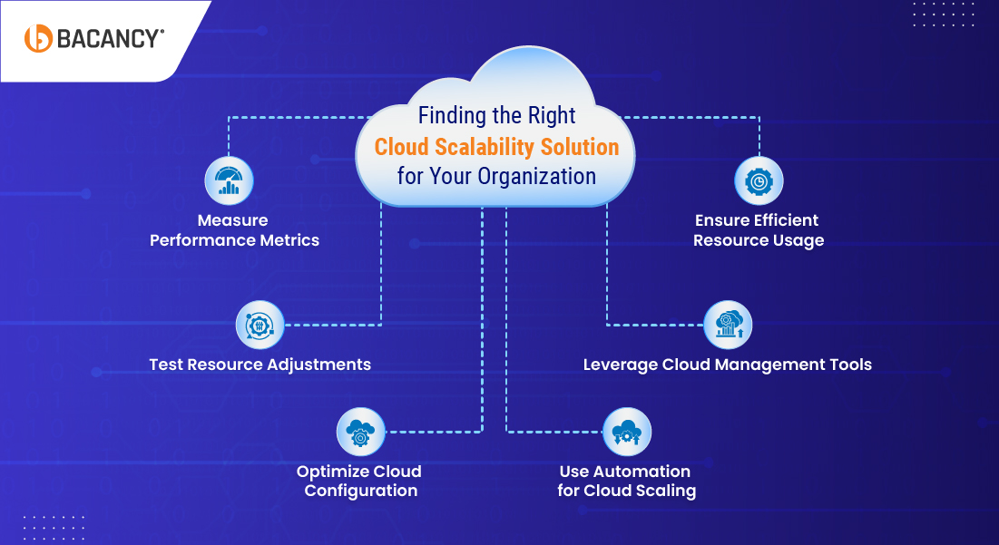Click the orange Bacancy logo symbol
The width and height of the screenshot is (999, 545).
point(38,38)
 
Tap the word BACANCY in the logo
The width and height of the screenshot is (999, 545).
point(110,38)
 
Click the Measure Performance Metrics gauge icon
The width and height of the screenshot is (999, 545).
point(229,180)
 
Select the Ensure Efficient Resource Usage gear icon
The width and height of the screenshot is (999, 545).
point(758,180)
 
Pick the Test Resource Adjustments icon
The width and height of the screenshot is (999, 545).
point(260,325)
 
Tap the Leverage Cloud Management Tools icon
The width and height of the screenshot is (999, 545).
point(728,325)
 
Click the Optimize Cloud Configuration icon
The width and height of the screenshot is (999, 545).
point(360,432)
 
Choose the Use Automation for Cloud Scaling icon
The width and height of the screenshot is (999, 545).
point(626,432)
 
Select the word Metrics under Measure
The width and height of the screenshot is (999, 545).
point(287,240)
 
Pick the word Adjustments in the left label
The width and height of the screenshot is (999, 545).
point(318,365)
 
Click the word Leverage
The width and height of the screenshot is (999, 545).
point(620,365)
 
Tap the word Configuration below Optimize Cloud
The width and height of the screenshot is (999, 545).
point(361,491)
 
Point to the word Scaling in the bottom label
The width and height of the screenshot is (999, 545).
point(665,491)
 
